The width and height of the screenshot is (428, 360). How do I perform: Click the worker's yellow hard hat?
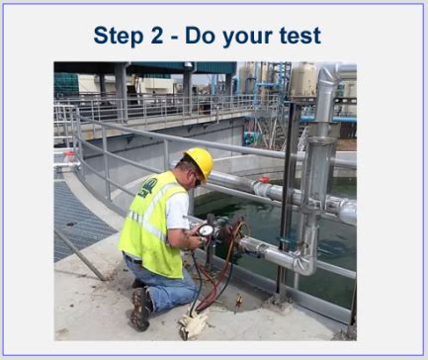click(199, 161)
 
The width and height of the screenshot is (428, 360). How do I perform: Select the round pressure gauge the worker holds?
click(207, 230)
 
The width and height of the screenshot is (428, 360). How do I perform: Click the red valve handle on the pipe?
click(264, 180)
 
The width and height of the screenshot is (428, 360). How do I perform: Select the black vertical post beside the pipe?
click(287, 198)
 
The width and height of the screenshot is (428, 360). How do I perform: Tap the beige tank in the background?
click(301, 81)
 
